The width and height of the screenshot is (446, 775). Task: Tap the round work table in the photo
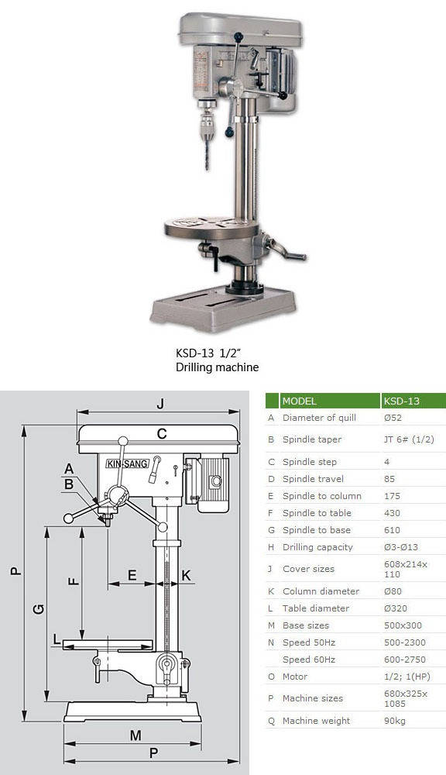click(212, 229)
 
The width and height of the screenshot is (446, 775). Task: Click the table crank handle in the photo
click(286, 250)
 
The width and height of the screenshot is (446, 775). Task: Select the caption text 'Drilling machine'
click(218, 367)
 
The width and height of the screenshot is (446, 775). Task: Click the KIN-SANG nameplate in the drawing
click(128, 463)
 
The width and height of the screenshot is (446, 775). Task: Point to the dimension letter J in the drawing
click(160, 405)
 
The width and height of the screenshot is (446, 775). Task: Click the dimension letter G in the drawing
click(39, 608)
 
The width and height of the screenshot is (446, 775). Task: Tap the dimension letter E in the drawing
click(132, 575)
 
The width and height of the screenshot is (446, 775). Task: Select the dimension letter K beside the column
click(186, 575)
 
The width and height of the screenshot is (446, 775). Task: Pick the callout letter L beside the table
click(57, 641)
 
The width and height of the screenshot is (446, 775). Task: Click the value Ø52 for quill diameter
click(393, 418)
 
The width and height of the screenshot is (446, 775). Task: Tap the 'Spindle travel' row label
click(313, 479)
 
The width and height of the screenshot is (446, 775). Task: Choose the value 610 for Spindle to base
click(392, 530)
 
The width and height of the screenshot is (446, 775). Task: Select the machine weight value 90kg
click(395, 721)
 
